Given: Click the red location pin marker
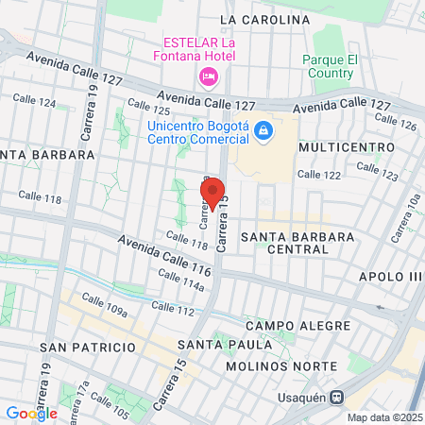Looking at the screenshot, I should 212,194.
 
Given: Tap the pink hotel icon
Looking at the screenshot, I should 206,76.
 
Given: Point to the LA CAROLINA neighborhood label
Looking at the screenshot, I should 264,19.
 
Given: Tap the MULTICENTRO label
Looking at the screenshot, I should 339,148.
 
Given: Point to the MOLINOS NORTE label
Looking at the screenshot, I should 282,365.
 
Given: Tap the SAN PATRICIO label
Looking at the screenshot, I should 89,347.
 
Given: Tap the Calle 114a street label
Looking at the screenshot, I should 181,281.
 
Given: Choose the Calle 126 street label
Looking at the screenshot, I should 395,122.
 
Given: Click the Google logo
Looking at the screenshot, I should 31,413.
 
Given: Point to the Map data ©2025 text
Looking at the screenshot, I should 384,416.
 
